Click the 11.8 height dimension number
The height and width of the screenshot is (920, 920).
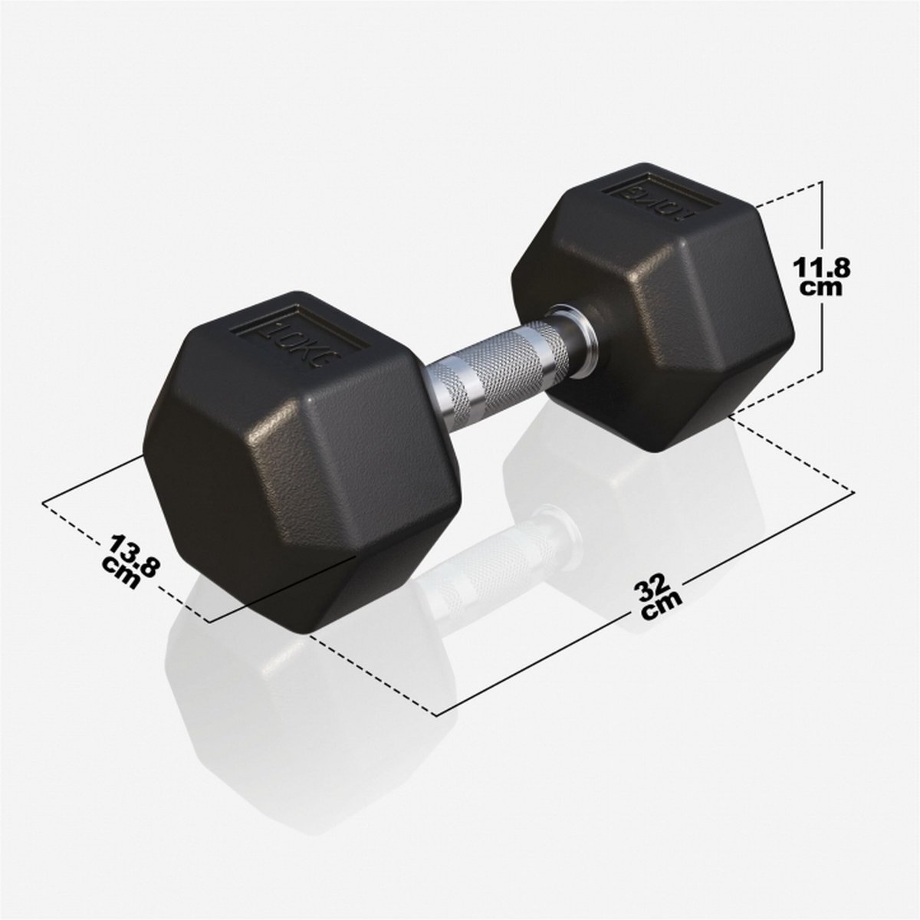822,269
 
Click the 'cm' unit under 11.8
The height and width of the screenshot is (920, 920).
822,288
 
